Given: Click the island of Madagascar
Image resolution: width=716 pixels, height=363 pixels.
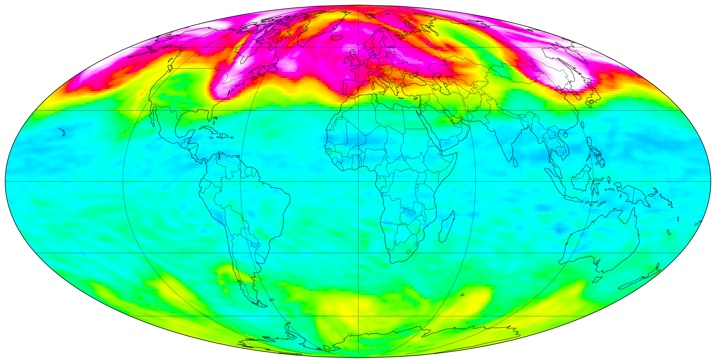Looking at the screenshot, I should [447, 227].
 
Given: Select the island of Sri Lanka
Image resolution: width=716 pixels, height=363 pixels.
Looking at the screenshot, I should [515, 162].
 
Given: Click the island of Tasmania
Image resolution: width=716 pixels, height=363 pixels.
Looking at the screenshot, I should [598, 279].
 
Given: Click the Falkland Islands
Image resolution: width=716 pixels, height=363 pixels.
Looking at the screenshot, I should [272, 300].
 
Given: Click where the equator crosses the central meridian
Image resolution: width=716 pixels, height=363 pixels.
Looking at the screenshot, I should [358, 181].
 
